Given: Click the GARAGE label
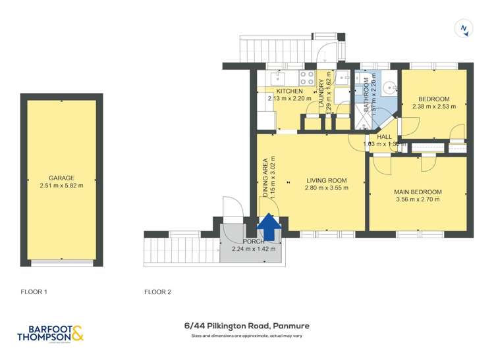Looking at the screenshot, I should point(61,178).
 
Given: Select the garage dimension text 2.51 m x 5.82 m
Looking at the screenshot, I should point(61,186).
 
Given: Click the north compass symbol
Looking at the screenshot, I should point(464,28).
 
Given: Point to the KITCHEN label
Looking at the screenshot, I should point(289,91).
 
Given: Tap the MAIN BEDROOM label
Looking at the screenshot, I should point(418,192).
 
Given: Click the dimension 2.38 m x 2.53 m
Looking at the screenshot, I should point(433,107).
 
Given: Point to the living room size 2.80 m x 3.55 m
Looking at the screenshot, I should point(326,188).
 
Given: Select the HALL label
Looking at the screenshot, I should point(384,137).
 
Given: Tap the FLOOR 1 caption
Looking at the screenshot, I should point(34,292).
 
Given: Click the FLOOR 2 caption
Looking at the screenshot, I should point(157,292).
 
